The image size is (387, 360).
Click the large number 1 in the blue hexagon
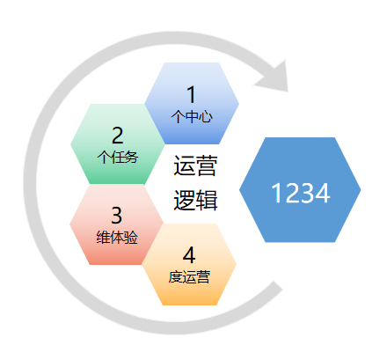coord(192,94)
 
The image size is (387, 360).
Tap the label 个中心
coord(192,116)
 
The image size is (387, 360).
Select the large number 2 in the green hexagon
coord(118,136)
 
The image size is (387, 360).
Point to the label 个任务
coord(118,157)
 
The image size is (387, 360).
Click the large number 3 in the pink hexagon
coord(117,216)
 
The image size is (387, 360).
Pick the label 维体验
coord(117,237)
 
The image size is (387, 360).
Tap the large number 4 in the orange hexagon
coord(189,255)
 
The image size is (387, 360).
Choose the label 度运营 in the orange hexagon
coord(189,277)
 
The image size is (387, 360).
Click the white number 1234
coord(301,193)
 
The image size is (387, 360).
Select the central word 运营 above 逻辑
coord(195,165)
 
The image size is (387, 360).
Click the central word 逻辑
coord(195,200)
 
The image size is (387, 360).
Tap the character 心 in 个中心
coord(206,116)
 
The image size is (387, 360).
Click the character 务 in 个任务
coord(131,157)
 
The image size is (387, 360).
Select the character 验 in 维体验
coord(131,237)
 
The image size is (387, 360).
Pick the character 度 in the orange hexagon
coord(175,277)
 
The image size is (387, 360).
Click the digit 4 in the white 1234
coord(323,193)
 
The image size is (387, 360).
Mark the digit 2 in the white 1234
coord(293,193)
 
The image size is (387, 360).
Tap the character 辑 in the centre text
coord(207,200)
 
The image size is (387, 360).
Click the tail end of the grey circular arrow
coord(278,285)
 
